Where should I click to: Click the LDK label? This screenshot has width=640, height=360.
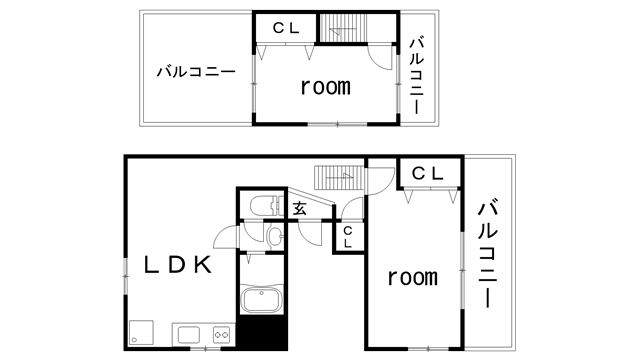pos(178,264)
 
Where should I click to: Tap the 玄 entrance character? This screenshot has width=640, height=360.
pos(299,209)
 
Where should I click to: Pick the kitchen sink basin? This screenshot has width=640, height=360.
pos(188,335)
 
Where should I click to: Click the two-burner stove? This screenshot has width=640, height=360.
pos(222,335)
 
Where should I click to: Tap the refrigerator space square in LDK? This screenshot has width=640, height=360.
pos(141,332)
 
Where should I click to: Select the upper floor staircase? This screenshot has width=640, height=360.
pos(342,28)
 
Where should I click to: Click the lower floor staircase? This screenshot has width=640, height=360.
pos(339,178)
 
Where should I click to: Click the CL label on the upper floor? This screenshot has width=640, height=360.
pos(286,28)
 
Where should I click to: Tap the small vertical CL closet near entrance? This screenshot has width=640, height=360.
pos(348,237)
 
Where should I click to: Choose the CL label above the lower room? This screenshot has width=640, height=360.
pos(427,173)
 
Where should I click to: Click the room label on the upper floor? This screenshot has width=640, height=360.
pos(325,87)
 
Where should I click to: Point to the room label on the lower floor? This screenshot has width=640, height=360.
pos(412,278)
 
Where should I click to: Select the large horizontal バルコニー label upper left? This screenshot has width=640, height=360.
pos(196,72)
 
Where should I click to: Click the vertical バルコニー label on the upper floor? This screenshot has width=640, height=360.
pos(416,76)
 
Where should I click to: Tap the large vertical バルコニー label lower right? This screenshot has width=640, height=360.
pos(487,253)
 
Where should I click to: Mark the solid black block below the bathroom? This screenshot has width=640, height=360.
pos(262,332)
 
